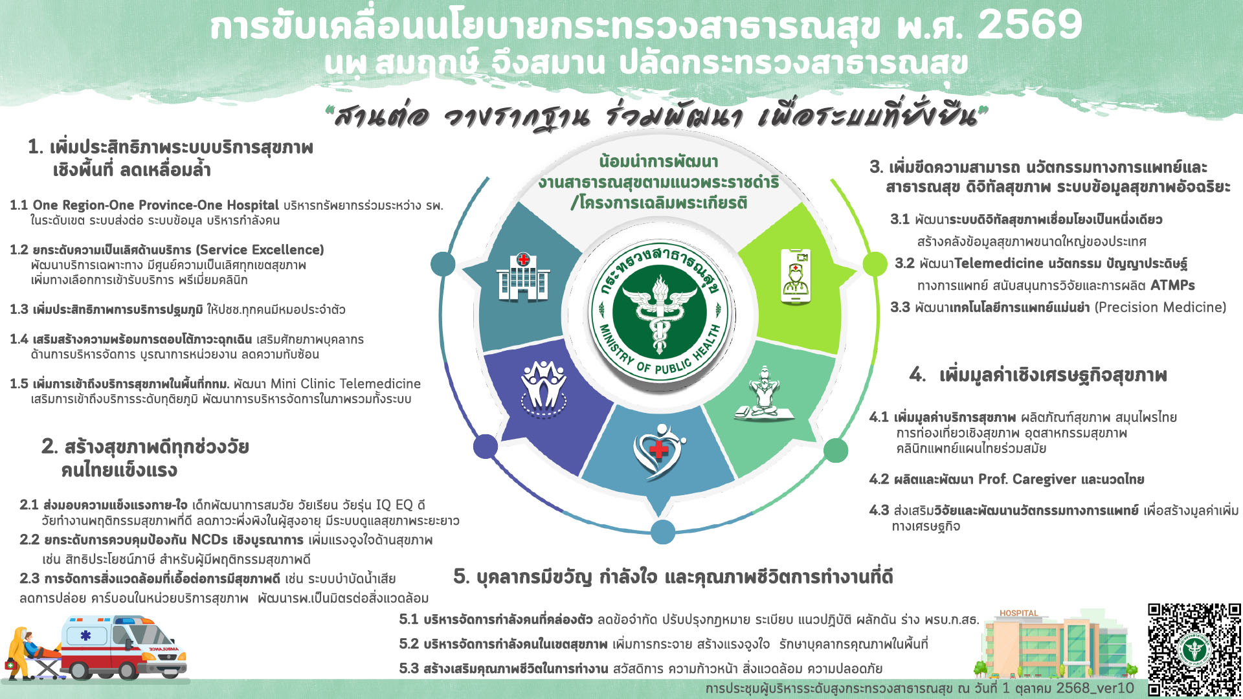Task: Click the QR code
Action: tap(1194, 649)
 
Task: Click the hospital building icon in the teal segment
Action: tap(523, 278)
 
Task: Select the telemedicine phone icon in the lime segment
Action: tap(796, 276)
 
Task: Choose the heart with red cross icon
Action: tap(659, 450)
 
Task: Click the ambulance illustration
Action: tap(123, 647)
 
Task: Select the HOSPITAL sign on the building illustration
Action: tap(1018, 613)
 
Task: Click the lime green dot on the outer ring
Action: tap(875, 263)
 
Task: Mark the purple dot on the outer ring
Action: tap(485, 446)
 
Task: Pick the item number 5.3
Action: tap(409, 669)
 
